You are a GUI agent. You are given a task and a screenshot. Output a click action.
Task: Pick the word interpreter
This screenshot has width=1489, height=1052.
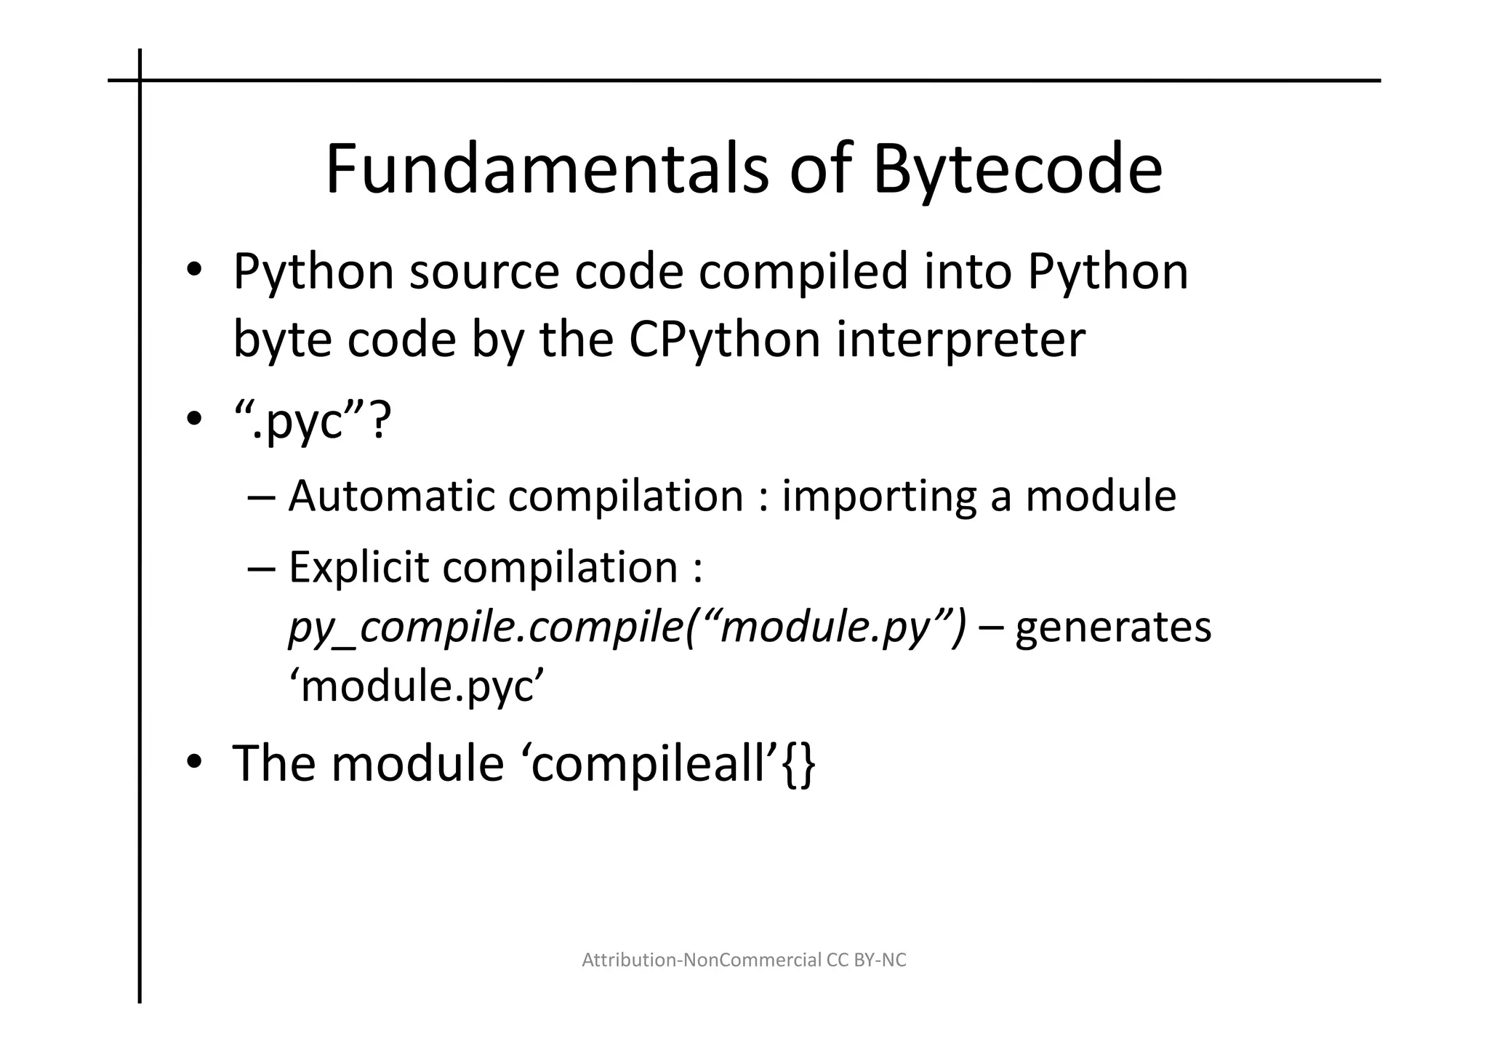960,340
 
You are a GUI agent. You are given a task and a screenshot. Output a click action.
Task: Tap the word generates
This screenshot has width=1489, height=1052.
1112,627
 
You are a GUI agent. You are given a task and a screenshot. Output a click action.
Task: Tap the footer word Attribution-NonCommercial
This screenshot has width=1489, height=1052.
702,960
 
